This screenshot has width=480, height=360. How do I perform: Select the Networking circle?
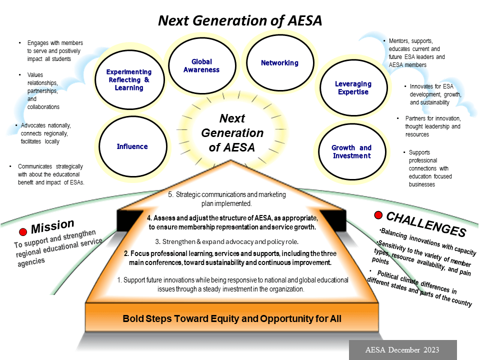pyautogui.click(x=279, y=63)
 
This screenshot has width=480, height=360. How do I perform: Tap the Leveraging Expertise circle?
pyautogui.click(x=353, y=88)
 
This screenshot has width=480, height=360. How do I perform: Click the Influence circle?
pyautogui.click(x=132, y=146)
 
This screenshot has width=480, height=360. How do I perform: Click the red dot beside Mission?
pyautogui.click(x=22, y=232)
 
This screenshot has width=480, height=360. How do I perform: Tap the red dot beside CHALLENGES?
pyautogui.click(x=378, y=215)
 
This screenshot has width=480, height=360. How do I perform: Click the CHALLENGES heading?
pyautogui.click(x=426, y=224)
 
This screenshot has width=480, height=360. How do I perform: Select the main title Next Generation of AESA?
pyautogui.click(x=240, y=20)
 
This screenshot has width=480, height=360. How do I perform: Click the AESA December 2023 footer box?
pyautogui.click(x=402, y=349)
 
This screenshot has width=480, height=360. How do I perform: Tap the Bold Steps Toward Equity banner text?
pyautogui.click(x=232, y=318)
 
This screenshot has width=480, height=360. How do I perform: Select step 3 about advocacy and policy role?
pyautogui.click(x=226, y=242)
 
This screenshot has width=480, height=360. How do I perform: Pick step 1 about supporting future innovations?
pyautogui.click(x=232, y=284)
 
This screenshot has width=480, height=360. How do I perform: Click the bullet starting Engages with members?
pyautogui.click(x=55, y=51)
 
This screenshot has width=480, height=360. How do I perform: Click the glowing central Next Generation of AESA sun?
pyautogui.click(x=232, y=133)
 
